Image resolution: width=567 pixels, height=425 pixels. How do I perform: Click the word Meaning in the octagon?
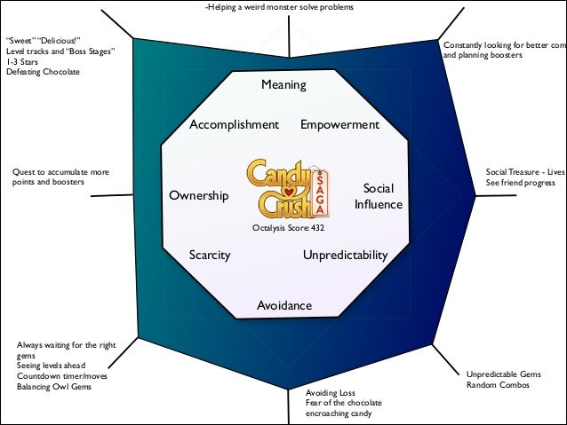coord(283,85)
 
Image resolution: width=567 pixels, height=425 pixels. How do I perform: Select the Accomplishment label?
coord(234,124)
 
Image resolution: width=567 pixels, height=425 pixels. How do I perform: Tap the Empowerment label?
coord(339,124)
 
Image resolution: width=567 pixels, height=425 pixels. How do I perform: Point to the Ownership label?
coord(198,195)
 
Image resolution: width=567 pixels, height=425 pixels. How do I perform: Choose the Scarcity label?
coord(210,256)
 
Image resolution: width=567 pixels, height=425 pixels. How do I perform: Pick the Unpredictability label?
coord(346,256)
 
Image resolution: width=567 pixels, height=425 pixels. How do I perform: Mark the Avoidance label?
coord(284,306)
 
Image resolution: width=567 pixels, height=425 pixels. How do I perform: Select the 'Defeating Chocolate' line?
coord(42,72)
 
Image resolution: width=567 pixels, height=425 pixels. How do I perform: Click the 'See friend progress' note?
coord(521,182)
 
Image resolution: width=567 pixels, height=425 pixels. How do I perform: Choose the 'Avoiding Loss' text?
coord(331,392)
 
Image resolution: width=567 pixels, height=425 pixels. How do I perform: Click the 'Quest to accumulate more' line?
coord(61,171)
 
